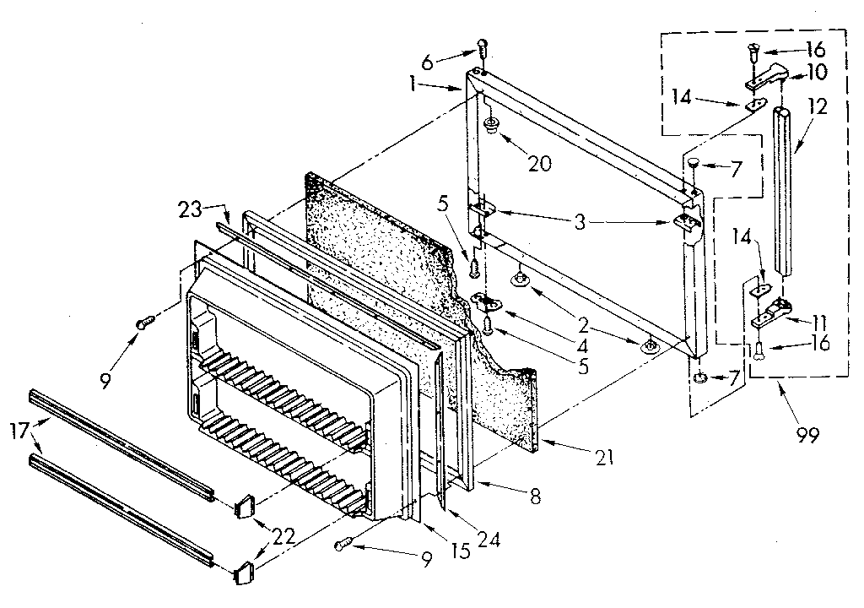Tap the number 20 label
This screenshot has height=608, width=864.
pyautogui.click(x=539, y=163)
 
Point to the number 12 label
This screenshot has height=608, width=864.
pyautogui.click(x=817, y=107)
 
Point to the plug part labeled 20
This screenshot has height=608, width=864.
pyautogui.click(x=489, y=128)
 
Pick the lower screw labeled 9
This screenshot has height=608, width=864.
pyautogui.click(x=343, y=545)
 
